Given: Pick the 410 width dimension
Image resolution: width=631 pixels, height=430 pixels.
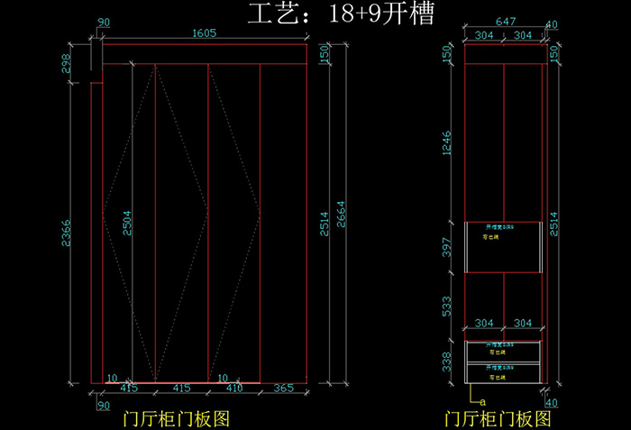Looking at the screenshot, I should pyautogui.click(x=234, y=389).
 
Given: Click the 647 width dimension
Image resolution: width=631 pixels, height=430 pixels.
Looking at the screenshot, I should pyautogui.click(x=505, y=22).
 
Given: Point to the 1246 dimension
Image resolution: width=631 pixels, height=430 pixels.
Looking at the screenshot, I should pyautogui.click(x=448, y=142).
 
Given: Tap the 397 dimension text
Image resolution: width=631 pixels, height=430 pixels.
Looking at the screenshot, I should pyautogui.click(x=448, y=247).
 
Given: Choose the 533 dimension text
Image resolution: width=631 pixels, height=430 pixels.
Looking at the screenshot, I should pyautogui.click(x=448, y=306).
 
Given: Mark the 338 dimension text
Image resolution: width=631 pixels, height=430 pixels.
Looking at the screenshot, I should pyautogui.click(x=448, y=361).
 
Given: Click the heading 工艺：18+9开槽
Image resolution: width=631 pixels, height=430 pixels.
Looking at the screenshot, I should pyautogui.click(x=340, y=14).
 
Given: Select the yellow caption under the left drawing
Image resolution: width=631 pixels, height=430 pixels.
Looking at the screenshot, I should pyautogui.click(x=178, y=418).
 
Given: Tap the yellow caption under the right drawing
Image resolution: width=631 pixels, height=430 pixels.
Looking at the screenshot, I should pyautogui.click(x=497, y=418).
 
